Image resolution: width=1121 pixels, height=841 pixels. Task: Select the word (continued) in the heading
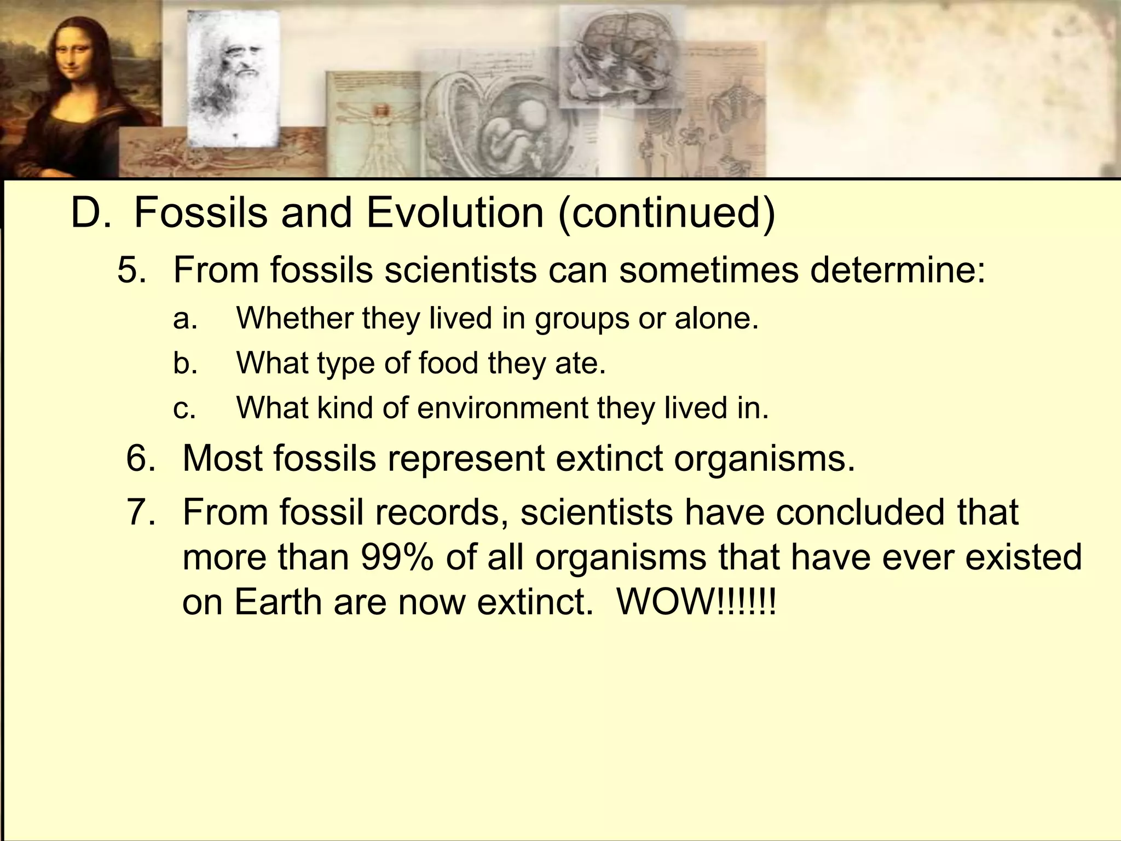click(666, 214)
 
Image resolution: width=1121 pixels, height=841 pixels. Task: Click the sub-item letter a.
click(184, 319)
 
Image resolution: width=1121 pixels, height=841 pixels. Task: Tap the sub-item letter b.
click(184, 363)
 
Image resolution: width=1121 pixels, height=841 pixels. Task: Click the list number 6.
click(141, 458)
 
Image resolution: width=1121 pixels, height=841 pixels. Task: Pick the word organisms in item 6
click(764, 458)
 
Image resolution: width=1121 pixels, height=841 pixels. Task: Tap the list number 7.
click(141, 512)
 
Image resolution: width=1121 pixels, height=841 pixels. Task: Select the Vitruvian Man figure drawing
click(378, 131)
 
